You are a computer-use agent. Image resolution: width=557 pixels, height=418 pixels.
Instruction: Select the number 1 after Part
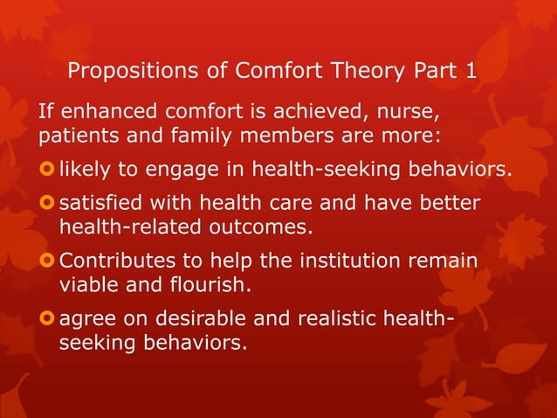pyautogui.click(x=471, y=71)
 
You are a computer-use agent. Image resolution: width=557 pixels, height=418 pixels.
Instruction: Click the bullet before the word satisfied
pyautogui.click(x=45, y=204)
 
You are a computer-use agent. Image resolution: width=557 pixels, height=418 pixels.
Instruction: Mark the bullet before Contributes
pyautogui.click(x=45, y=261)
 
